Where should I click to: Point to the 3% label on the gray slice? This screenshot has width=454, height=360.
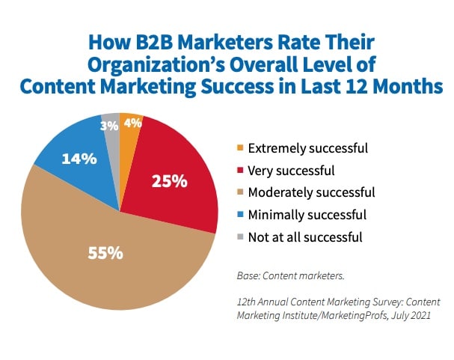coord(110,126)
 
